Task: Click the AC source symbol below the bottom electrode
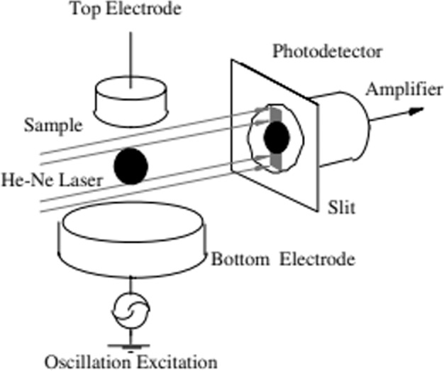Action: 131,311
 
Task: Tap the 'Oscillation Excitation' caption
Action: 131,361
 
